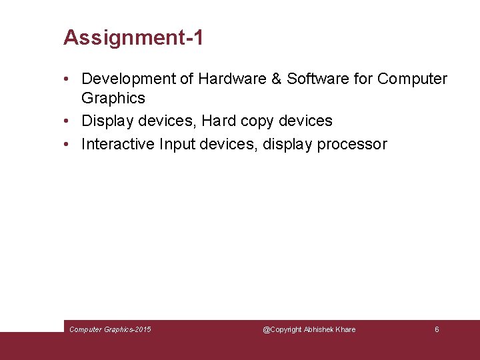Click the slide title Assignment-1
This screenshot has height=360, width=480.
(x=133, y=37)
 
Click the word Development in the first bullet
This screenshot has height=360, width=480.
(x=125, y=79)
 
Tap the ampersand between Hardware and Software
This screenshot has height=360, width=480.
(x=277, y=79)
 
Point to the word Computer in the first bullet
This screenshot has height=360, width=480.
(x=412, y=79)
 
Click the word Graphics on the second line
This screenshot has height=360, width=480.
(x=113, y=98)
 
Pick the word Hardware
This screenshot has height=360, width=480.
(x=233, y=79)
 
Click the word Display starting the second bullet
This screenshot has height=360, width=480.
(x=107, y=121)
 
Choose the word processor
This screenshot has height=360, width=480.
(x=352, y=145)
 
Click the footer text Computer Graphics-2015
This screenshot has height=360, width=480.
(x=110, y=329)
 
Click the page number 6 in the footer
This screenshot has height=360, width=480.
(x=437, y=329)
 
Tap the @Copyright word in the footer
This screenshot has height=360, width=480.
(x=282, y=329)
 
